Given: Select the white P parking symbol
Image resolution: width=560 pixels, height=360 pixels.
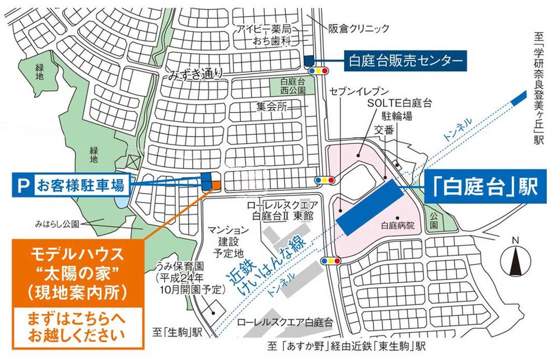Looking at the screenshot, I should point(23,185).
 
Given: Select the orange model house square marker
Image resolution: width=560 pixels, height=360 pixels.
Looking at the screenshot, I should point(214,185).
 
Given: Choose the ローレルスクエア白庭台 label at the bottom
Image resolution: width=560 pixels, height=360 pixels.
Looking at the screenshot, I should point(285,322).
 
